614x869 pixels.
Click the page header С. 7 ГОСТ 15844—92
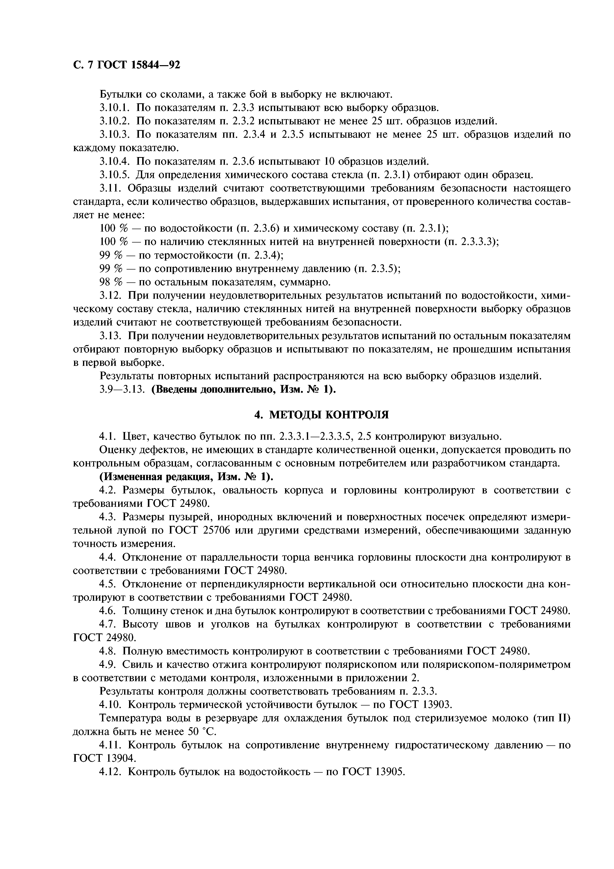[126, 65]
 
